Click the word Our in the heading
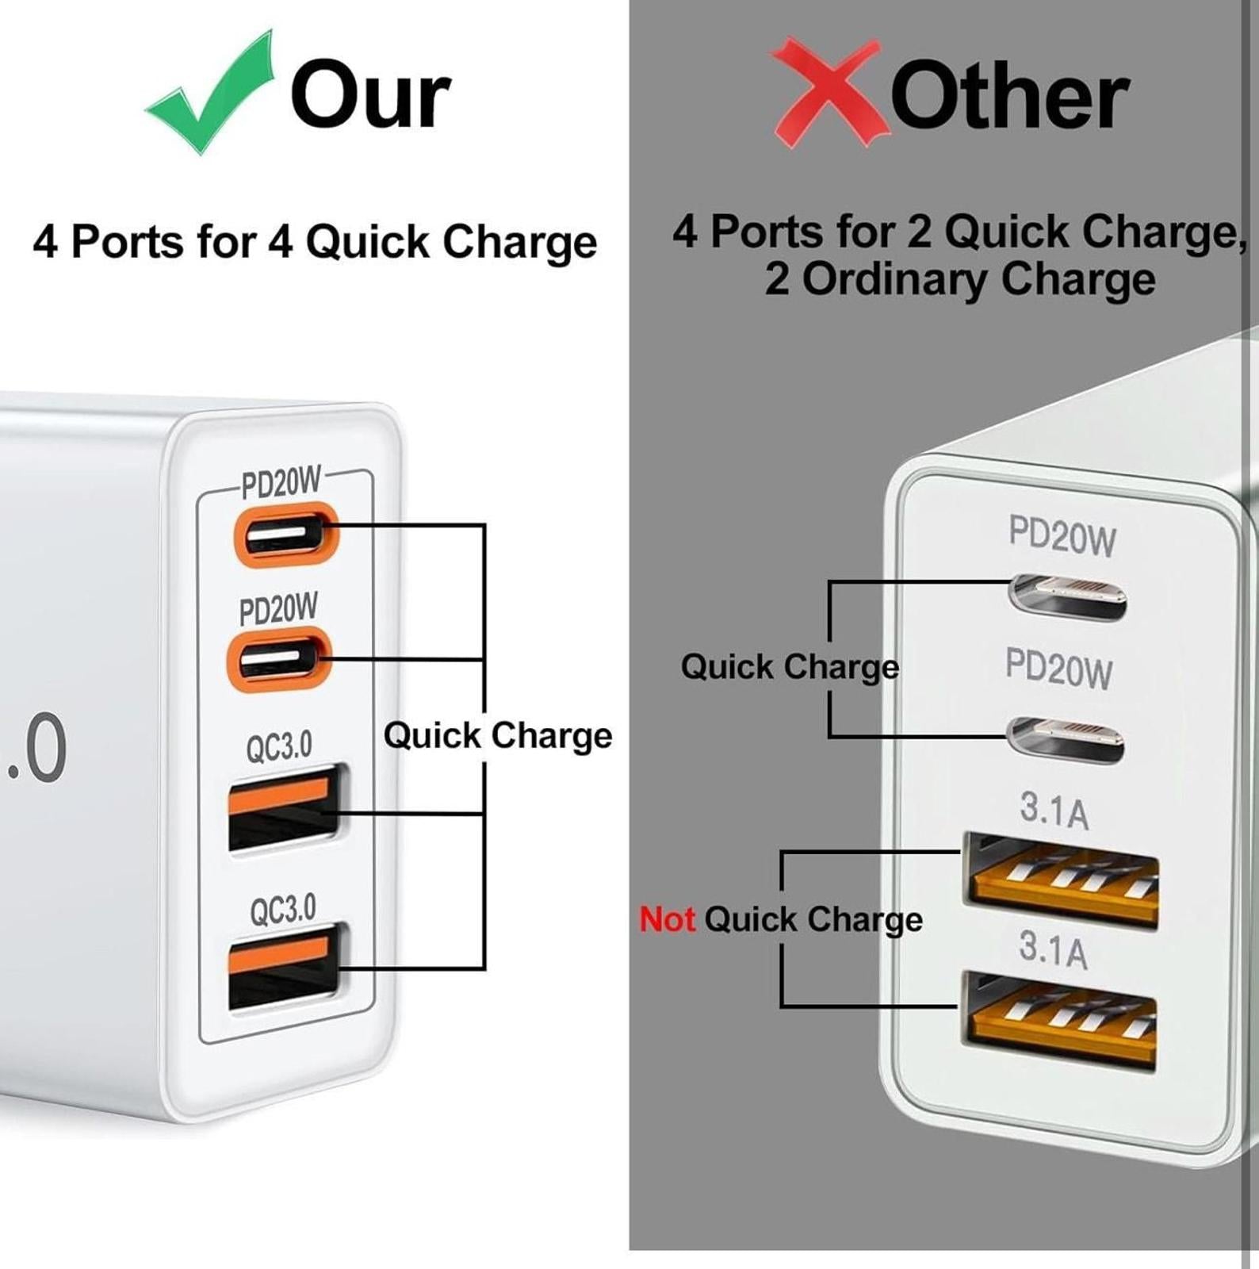pyautogui.click(x=370, y=95)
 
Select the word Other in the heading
pyautogui.click(x=1009, y=97)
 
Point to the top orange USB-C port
pyautogui.click(x=285, y=535)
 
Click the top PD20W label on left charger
pyautogui.click(x=281, y=483)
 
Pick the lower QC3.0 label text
pyautogui.click(x=283, y=910)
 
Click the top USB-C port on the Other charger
pyautogui.click(x=1067, y=596)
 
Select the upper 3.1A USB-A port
pyautogui.click(x=1061, y=880)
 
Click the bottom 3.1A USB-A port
pyautogui.click(x=1058, y=1021)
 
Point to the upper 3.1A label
pyautogui.click(x=1054, y=811)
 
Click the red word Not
pyautogui.click(x=667, y=919)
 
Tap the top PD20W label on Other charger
pyautogui.click(x=1062, y=536)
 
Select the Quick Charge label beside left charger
pyautogui.click(x=497, y=735)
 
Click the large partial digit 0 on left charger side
pyautogui.click(x=46, y=748)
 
